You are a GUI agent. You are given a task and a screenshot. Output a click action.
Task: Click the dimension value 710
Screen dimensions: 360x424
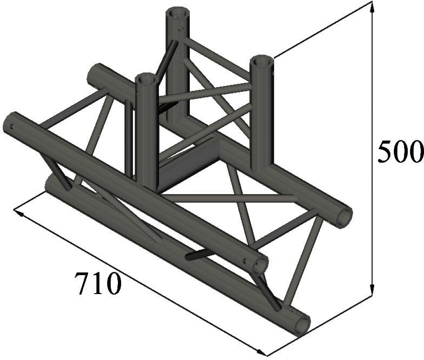pos(98,283)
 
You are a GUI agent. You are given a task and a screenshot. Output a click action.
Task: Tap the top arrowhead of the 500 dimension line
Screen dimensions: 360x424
pos(372,6)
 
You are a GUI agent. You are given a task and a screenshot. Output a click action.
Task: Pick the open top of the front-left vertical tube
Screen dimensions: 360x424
pos(146,79)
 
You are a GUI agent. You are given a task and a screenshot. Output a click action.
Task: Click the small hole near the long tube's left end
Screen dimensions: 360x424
pos(10,128)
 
